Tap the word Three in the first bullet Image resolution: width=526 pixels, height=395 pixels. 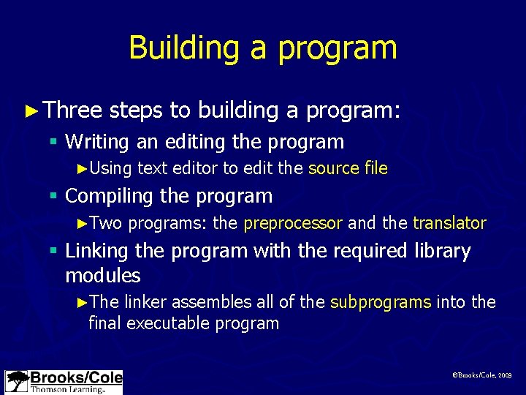[x=72, y=110]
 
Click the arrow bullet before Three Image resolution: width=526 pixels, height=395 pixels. [x=30, y=110]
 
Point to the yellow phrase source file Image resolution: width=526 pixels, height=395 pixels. [x=348, y=168]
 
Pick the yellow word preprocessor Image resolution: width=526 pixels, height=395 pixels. [x=293, y=223]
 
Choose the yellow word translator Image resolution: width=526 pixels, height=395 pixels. [x=449, y=223]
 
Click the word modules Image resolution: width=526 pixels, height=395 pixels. [x=102, y=276]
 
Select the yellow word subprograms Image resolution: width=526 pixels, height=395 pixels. [x=381, y=303]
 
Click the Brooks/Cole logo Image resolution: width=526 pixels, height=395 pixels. [x=64, y=382]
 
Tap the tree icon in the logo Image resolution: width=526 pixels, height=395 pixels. [x=17, y=381]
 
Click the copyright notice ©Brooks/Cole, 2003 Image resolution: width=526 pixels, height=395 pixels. [x=482, y=375]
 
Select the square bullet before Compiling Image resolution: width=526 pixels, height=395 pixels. [x=54, y=197]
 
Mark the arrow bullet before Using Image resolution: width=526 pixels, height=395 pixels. [x=82, y=169]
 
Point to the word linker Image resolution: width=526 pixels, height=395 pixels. [x=148, y=303]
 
